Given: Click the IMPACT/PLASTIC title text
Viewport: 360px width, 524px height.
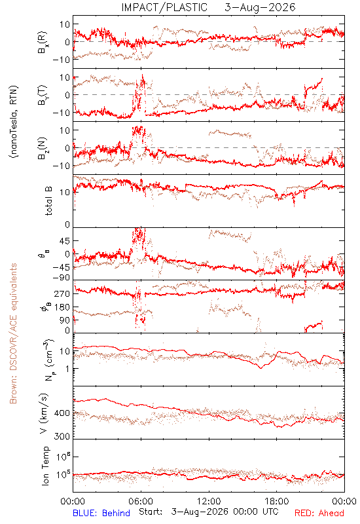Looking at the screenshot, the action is tap(164, 7).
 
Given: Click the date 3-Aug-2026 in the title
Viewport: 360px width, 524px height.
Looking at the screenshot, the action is tap(260, 7).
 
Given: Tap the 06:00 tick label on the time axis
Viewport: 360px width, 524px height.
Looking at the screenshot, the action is tap(141, 501).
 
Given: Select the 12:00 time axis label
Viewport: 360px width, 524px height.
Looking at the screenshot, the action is tap(209, 501).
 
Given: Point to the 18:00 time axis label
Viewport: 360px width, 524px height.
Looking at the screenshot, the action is tap(277, 501).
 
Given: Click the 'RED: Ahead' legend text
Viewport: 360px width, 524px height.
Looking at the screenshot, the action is tap(319, 514).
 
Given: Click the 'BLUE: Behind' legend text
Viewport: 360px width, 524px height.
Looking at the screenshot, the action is tap(101, 514).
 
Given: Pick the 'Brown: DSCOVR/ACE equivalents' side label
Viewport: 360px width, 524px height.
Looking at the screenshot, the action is tap(13, 333).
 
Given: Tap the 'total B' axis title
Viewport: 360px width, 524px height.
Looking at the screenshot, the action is tap(48, 201).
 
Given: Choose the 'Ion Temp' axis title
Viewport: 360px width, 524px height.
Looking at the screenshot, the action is tap(46, 466).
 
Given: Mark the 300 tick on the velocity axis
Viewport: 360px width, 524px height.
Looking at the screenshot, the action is tap(62, 436).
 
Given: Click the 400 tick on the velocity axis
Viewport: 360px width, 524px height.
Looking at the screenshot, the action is tap(62, 413).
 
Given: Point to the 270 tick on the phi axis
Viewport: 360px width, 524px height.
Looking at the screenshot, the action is tap(62, 293).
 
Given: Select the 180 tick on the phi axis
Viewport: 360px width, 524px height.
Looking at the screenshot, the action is tap(62, 307).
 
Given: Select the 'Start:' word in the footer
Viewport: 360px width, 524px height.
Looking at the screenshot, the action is tap(151, 512).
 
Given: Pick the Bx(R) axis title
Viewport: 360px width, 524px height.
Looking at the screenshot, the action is tap(43, 43).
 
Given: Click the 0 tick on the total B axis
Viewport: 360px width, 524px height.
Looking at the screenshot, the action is tap(67, 225).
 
